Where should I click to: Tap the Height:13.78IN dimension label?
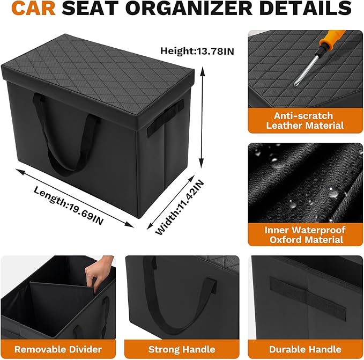coord(197,50)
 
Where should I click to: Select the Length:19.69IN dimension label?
coord(68,205)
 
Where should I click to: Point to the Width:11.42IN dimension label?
coord(180,207)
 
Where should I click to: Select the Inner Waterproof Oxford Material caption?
coord(305,235)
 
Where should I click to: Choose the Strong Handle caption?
coord(182,349)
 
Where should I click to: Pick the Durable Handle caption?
coord(305,349)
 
